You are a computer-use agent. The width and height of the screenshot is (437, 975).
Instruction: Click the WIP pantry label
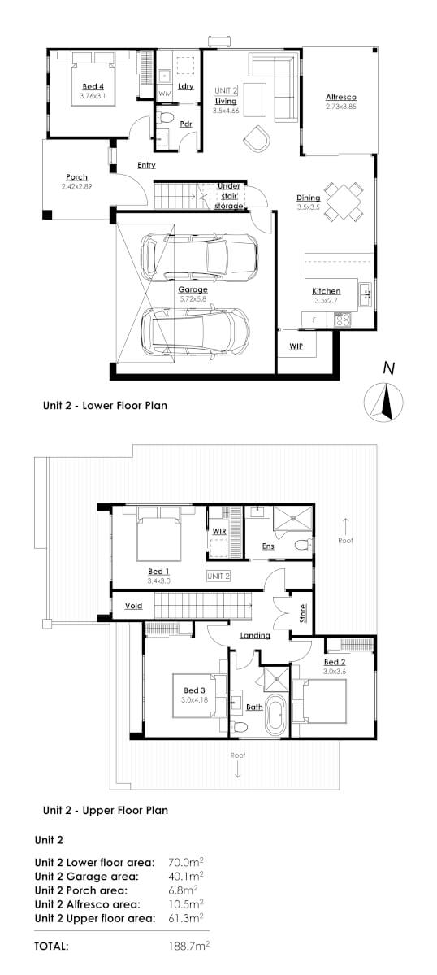tap(296, 346)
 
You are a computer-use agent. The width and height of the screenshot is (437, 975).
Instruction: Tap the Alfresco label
tap(341, 98)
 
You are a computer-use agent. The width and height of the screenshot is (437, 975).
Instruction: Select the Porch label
tap(76, 177)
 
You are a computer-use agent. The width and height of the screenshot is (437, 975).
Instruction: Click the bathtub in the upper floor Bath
tap(276, 716)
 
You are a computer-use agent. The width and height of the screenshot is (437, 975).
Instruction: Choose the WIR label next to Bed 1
tap(218, 531)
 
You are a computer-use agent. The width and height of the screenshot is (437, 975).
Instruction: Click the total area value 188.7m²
tap(186, 947)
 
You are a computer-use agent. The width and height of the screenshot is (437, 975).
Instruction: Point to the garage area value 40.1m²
tap(184, 876)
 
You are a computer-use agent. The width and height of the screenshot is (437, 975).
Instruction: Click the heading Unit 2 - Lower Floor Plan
tap(105, 404)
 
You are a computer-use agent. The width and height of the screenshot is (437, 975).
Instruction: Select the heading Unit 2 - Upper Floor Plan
tap(105, 810)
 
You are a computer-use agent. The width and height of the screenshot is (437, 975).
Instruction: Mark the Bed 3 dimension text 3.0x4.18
tap(197, 701)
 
